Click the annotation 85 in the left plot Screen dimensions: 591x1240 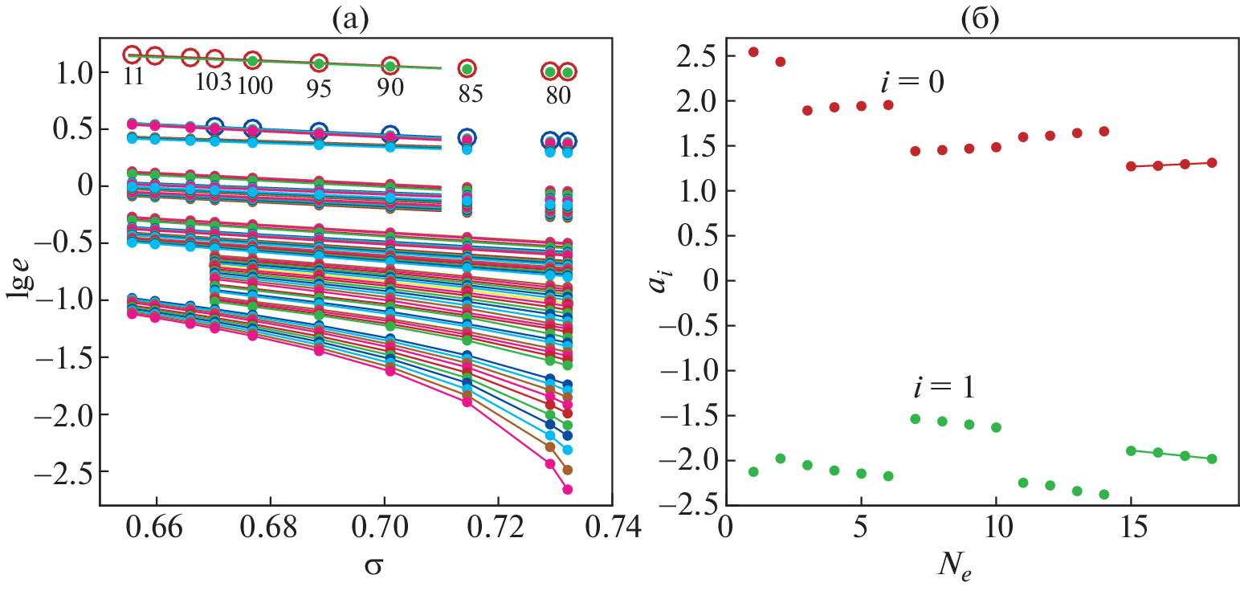(467, 95)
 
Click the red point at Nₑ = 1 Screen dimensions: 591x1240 (753, 52)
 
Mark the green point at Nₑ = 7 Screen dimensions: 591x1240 (915, 418)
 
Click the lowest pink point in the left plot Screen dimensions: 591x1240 (567, 489)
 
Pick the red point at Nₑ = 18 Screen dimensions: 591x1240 (1212, 162)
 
